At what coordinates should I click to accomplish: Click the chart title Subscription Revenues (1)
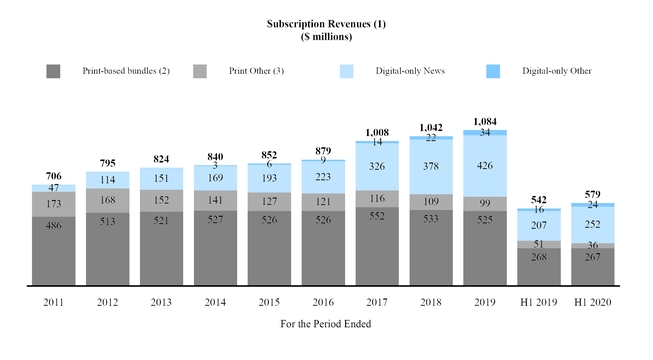[325, 22]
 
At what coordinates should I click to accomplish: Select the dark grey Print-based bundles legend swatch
[54, 71]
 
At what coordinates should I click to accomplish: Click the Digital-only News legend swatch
[348, 71]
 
